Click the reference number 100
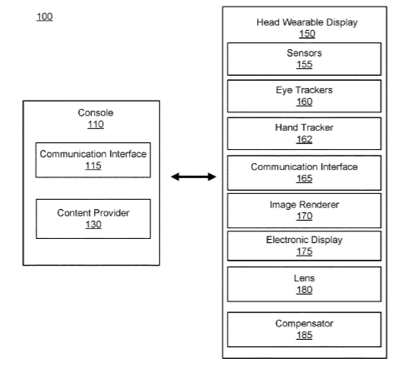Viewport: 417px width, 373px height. click(44, 17)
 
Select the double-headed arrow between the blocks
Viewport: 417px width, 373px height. click(193, 177)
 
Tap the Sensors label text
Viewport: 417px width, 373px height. click(304, 52)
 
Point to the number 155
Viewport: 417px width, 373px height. click(305, 64)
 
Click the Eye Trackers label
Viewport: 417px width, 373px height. click(304, 90)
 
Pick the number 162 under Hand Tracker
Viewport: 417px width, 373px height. click(305, 139)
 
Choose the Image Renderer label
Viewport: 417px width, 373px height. click(305, 205)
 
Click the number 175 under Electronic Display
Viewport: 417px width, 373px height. click(305, 251)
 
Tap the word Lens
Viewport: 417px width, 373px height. click(305, 278)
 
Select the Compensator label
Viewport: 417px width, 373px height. click(305, 324)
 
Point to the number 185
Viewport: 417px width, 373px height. click(305, 336)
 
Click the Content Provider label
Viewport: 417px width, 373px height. click(93, 213)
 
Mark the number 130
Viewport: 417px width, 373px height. click(93, 225)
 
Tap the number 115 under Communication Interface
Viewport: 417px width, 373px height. click(93, 166)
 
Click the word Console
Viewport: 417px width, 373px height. click(96, 112)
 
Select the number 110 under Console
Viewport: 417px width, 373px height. click(96, 124)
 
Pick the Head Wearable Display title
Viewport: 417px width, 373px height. click(307, 22)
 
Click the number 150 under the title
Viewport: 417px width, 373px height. click(307, 34)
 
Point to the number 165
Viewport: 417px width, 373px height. click(305, 178)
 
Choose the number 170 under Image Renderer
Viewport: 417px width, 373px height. click(305, 216)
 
